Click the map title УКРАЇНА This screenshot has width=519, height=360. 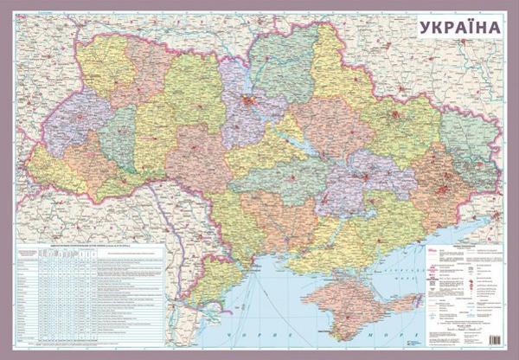[461, 27]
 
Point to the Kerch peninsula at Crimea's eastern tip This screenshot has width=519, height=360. [394, 286]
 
